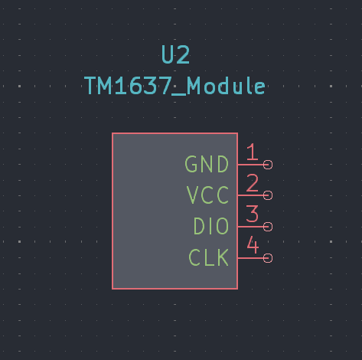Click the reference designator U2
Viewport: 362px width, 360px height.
[x=176, y=54]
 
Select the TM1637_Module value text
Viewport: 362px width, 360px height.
[x=175, y=86]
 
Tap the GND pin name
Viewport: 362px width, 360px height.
[x=207, y=165]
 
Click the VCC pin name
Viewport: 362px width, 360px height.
[x=207, y=195]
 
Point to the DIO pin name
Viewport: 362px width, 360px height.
[x=211, y=226]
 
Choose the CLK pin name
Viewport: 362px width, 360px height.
[x=209, y=257]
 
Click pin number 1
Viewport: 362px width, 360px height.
[x=253, y=152]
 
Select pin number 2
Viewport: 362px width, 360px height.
[x=253, y=183]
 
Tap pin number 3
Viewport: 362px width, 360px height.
[x=253, y=214]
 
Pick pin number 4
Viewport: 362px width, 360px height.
[x=253, y=244]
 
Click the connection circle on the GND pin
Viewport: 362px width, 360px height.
[x=268, y=165]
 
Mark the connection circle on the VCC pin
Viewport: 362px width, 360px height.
[x=268, y=195]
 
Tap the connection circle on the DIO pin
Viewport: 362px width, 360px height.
[x=268, y=227]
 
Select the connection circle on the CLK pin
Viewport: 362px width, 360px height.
[x=268, y=258]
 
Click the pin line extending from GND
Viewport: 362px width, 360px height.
[x=250, y=165]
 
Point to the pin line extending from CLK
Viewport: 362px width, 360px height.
[x=250, y=258]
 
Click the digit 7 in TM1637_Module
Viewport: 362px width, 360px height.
[x=165, y=86]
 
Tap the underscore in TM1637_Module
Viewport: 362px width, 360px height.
[x=179, y=95]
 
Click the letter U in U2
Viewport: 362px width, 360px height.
[x=168, y=54]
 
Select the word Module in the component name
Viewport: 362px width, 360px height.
[x=227, y=86]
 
